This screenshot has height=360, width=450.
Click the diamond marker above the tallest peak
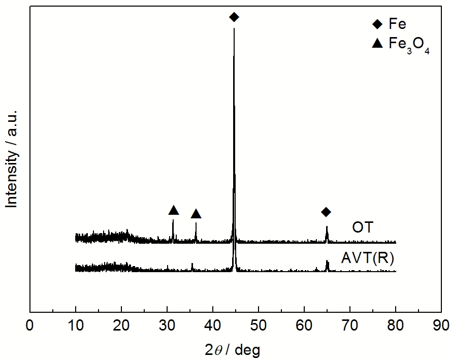[234, 17]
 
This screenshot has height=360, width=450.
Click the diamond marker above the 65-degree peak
[326, 212]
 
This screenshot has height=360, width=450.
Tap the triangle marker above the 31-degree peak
[174, 210]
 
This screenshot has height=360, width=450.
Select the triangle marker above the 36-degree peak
[196, 214]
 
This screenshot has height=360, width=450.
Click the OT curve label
[363, 227]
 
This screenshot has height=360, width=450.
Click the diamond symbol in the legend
[377, 24]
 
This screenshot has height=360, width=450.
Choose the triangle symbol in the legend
[377, 44]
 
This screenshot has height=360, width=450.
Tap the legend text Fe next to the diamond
[398, 24]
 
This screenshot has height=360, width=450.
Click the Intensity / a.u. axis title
[12, 158]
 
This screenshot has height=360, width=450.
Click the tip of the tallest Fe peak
[234, 28]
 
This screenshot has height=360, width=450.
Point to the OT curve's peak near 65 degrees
[327, 227]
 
